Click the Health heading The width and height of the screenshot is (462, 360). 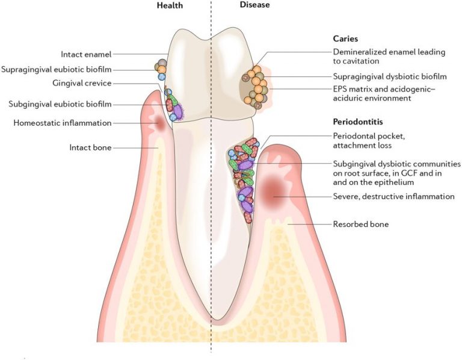[x=170, y=5]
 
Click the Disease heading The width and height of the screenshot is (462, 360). [x=254, y=5]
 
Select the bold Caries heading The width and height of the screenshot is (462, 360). [x=345, y=39]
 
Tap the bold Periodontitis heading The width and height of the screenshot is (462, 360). [x=358, y=122]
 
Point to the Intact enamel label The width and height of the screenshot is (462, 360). [x=86, y=55]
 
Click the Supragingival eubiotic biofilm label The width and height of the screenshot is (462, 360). [x=57, y=70]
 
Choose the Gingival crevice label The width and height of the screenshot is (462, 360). [x=82, y=84]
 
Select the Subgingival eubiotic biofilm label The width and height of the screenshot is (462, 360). [x=60, y=104]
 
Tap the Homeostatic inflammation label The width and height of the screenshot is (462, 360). [x=63, y=123]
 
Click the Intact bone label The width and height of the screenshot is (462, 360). [x=90, y=147]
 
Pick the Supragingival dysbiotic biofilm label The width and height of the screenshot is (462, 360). [x=390, y=76]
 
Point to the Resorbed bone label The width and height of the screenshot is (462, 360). [x=361, y=224]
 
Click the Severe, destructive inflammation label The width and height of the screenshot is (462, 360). [x=393, y=196]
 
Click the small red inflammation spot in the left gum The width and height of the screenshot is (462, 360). [x=160, y=123]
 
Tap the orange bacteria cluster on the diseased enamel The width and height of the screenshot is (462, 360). [x=255, y=87]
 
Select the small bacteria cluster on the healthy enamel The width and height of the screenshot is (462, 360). [x=161, y=69]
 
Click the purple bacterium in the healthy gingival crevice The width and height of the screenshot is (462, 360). [x=177, y=111]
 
